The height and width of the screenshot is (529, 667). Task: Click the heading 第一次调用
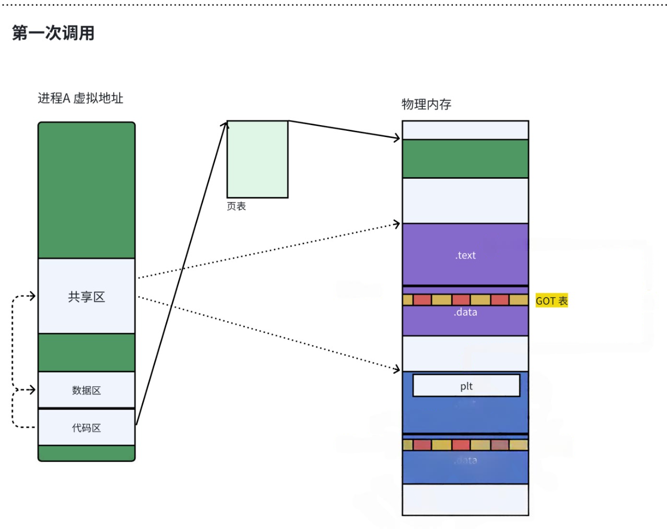pyautogui.click(x=53, y=33)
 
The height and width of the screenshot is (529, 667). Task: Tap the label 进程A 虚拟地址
pyautogui.click(x=80, y=99)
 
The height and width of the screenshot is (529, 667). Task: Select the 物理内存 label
pyautogui.click(x=426, y=104)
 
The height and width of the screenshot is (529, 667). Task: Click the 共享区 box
pyautogui.click(x=87, y=297)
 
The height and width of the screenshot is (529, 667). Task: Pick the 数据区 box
pyautogui.click(x=87, y=390)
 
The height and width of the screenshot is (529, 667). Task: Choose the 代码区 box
pyautogui.click(x=87, y=428)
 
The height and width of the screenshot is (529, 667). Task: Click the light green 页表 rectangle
pyautogui.click(x=257, y=159)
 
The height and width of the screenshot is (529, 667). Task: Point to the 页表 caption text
pyautogui.click(x=236, y=206)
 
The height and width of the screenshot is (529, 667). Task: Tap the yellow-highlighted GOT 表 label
pyautogui.click(x=551, y=301)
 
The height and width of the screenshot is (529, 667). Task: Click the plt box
pyautogui.click(x=466, y=386)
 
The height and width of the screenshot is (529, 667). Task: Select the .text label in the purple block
pyautogui.click(x=465, y=255)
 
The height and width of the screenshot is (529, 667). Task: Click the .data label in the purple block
pyautogui.click(x=465, y=312)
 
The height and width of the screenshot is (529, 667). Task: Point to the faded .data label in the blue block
pyautogui.click(x=465, y=460)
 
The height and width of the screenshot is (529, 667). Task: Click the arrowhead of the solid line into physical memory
pyautogui.click(x=398, y=138)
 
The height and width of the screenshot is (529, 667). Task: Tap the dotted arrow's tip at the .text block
pyautogui.click(x=398, y=224)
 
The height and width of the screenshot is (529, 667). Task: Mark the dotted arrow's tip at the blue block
pyautogui.click(x=398, y=370)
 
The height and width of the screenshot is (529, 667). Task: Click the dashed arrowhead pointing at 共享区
pyautogui.click(x=33, y=296)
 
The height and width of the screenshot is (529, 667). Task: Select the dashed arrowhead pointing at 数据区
pyautogui.click(x=33, y=389)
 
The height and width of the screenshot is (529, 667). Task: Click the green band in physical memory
pyautogui.click(x=465, y=158)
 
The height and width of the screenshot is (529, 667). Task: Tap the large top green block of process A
pyautogui.click(x=87, y=190)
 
